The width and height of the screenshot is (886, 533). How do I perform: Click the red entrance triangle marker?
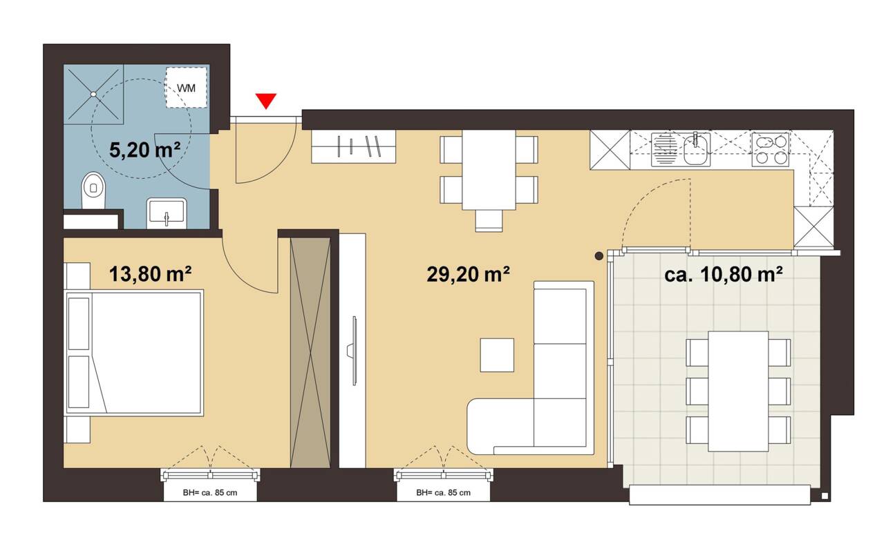click(x=266, y=101)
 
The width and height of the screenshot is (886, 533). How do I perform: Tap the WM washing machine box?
click(x=187, y=87)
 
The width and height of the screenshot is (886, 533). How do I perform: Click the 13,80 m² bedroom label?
click(x=150, y=274)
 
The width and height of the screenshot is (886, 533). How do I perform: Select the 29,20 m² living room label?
click(x=469, y=274)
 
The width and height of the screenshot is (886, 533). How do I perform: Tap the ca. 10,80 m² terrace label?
click(x=724, y=274)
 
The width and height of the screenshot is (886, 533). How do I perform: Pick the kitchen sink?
click(x=696, y=150)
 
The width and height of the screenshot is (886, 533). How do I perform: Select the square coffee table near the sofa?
click(x=498, y=355)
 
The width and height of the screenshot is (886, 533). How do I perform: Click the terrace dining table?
click(x=739, y=389)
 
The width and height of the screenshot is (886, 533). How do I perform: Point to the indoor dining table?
click(x=489, y=169)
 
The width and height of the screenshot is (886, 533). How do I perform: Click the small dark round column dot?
click(x=599, y=256)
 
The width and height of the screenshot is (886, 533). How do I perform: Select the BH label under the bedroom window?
click(x=210, y=493)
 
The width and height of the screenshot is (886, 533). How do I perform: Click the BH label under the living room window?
click(x=444, y=493)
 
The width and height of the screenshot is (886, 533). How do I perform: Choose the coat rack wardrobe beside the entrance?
click(x=355, y=146)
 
